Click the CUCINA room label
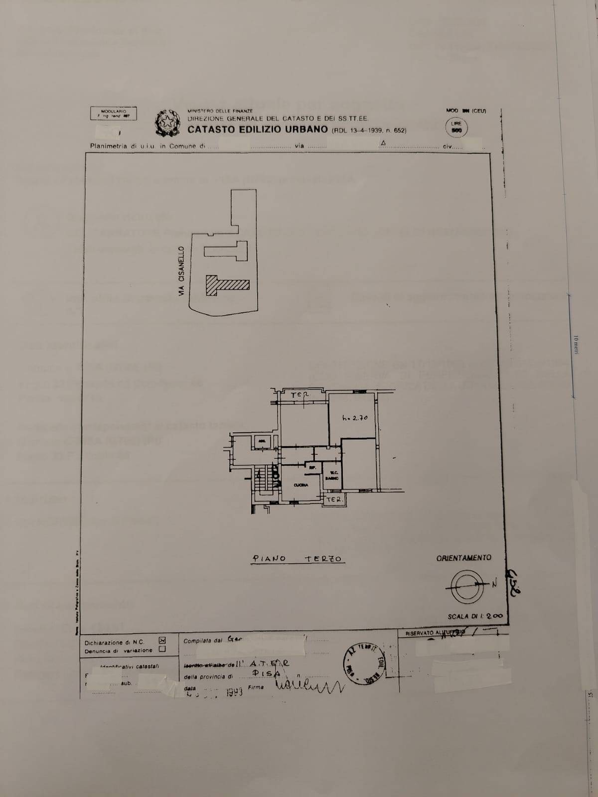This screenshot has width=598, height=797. pyautogui.click(x=300, y=485)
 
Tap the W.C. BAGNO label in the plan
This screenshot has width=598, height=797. pyautogui.click(x=332, y=476)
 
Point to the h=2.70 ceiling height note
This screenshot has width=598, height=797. pyautogui.click(x=355, y=418)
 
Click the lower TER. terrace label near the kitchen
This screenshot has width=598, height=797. pyautogui.click(x=334, y=499)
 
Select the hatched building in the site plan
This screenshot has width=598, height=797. pyautogui.click(x=227, y=285)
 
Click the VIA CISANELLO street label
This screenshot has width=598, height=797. pyautogui.click(x=182, y=272)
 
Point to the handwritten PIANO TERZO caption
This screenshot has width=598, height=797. pyautogui.click(x=298, y=559)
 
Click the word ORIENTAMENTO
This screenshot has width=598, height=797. pyautogui.click(x=463, y=558)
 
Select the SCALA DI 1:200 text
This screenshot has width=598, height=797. pyautogui.click(x=475, y=616)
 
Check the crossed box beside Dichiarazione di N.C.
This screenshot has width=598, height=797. pyautogui.click(x=161, y=641)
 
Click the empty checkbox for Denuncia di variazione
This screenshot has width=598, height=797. pyautogui.click(x=161, y=649)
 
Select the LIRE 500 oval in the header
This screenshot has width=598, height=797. pyautogui.click(x=456, y=127)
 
